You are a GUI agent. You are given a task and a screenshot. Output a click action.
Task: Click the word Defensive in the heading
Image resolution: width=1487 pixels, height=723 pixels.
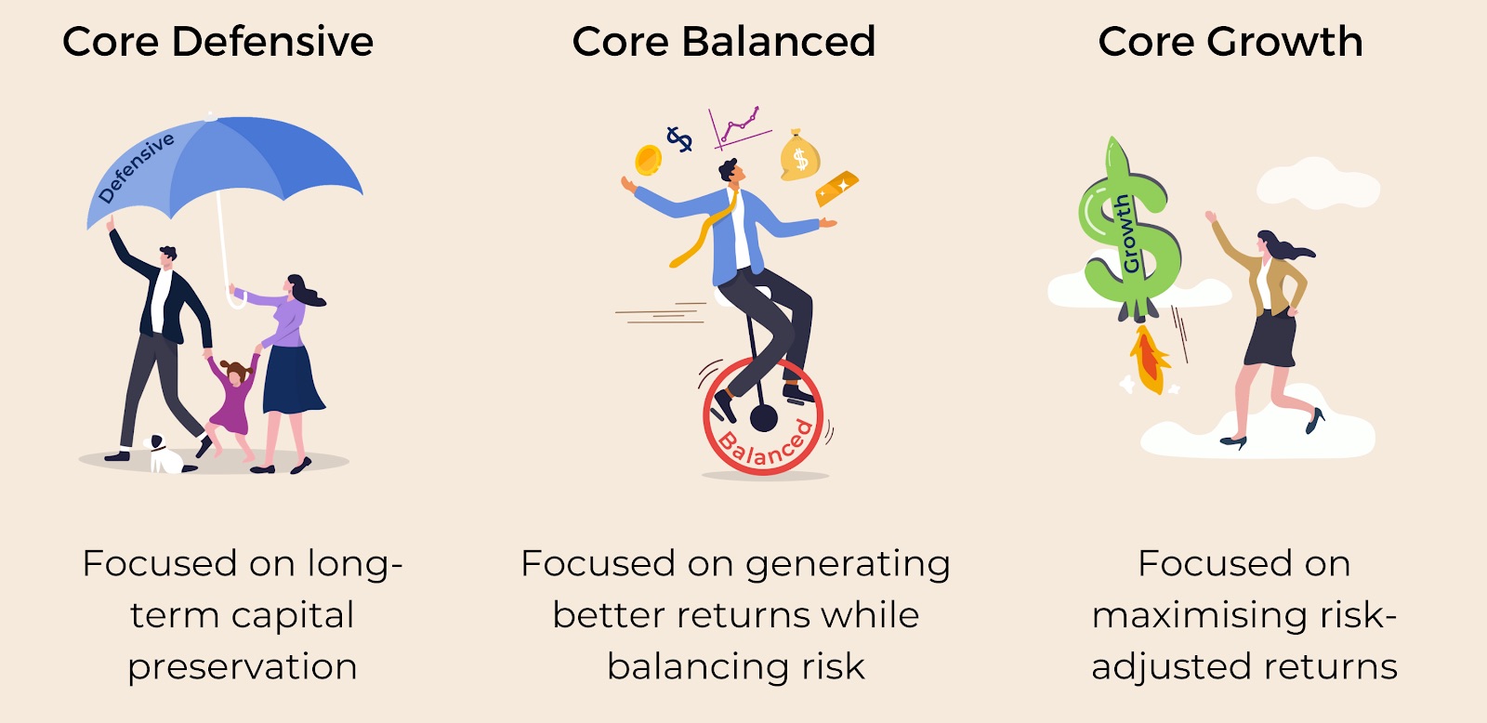pos(272,41)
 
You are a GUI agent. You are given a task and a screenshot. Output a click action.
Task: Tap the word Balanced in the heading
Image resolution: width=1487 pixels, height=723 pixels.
pos(778,41)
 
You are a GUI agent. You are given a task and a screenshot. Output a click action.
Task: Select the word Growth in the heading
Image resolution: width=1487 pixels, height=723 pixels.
pos(1284,41)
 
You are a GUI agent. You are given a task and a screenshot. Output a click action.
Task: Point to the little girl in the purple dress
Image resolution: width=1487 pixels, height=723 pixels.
pos(232,405)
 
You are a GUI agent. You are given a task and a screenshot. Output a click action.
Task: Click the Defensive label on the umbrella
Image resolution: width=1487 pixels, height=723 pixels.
pos(136,167)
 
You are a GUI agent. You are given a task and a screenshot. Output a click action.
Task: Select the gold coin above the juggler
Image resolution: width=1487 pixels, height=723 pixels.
pos(648,160)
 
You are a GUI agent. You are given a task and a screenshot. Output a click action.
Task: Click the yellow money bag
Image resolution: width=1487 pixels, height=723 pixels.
pos(799,156)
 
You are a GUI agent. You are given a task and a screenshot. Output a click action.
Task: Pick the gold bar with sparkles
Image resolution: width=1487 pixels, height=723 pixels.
pos(836,187)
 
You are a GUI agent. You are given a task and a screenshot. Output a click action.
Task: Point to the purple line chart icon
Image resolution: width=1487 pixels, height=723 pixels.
pos(738,127)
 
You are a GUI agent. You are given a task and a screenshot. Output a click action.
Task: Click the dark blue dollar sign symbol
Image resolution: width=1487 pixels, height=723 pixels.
pos(679,139)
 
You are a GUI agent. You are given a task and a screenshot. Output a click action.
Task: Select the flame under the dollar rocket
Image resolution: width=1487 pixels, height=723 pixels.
pos(1149,360)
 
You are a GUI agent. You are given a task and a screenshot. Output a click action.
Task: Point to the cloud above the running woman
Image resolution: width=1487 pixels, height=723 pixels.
pos(1317,183)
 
